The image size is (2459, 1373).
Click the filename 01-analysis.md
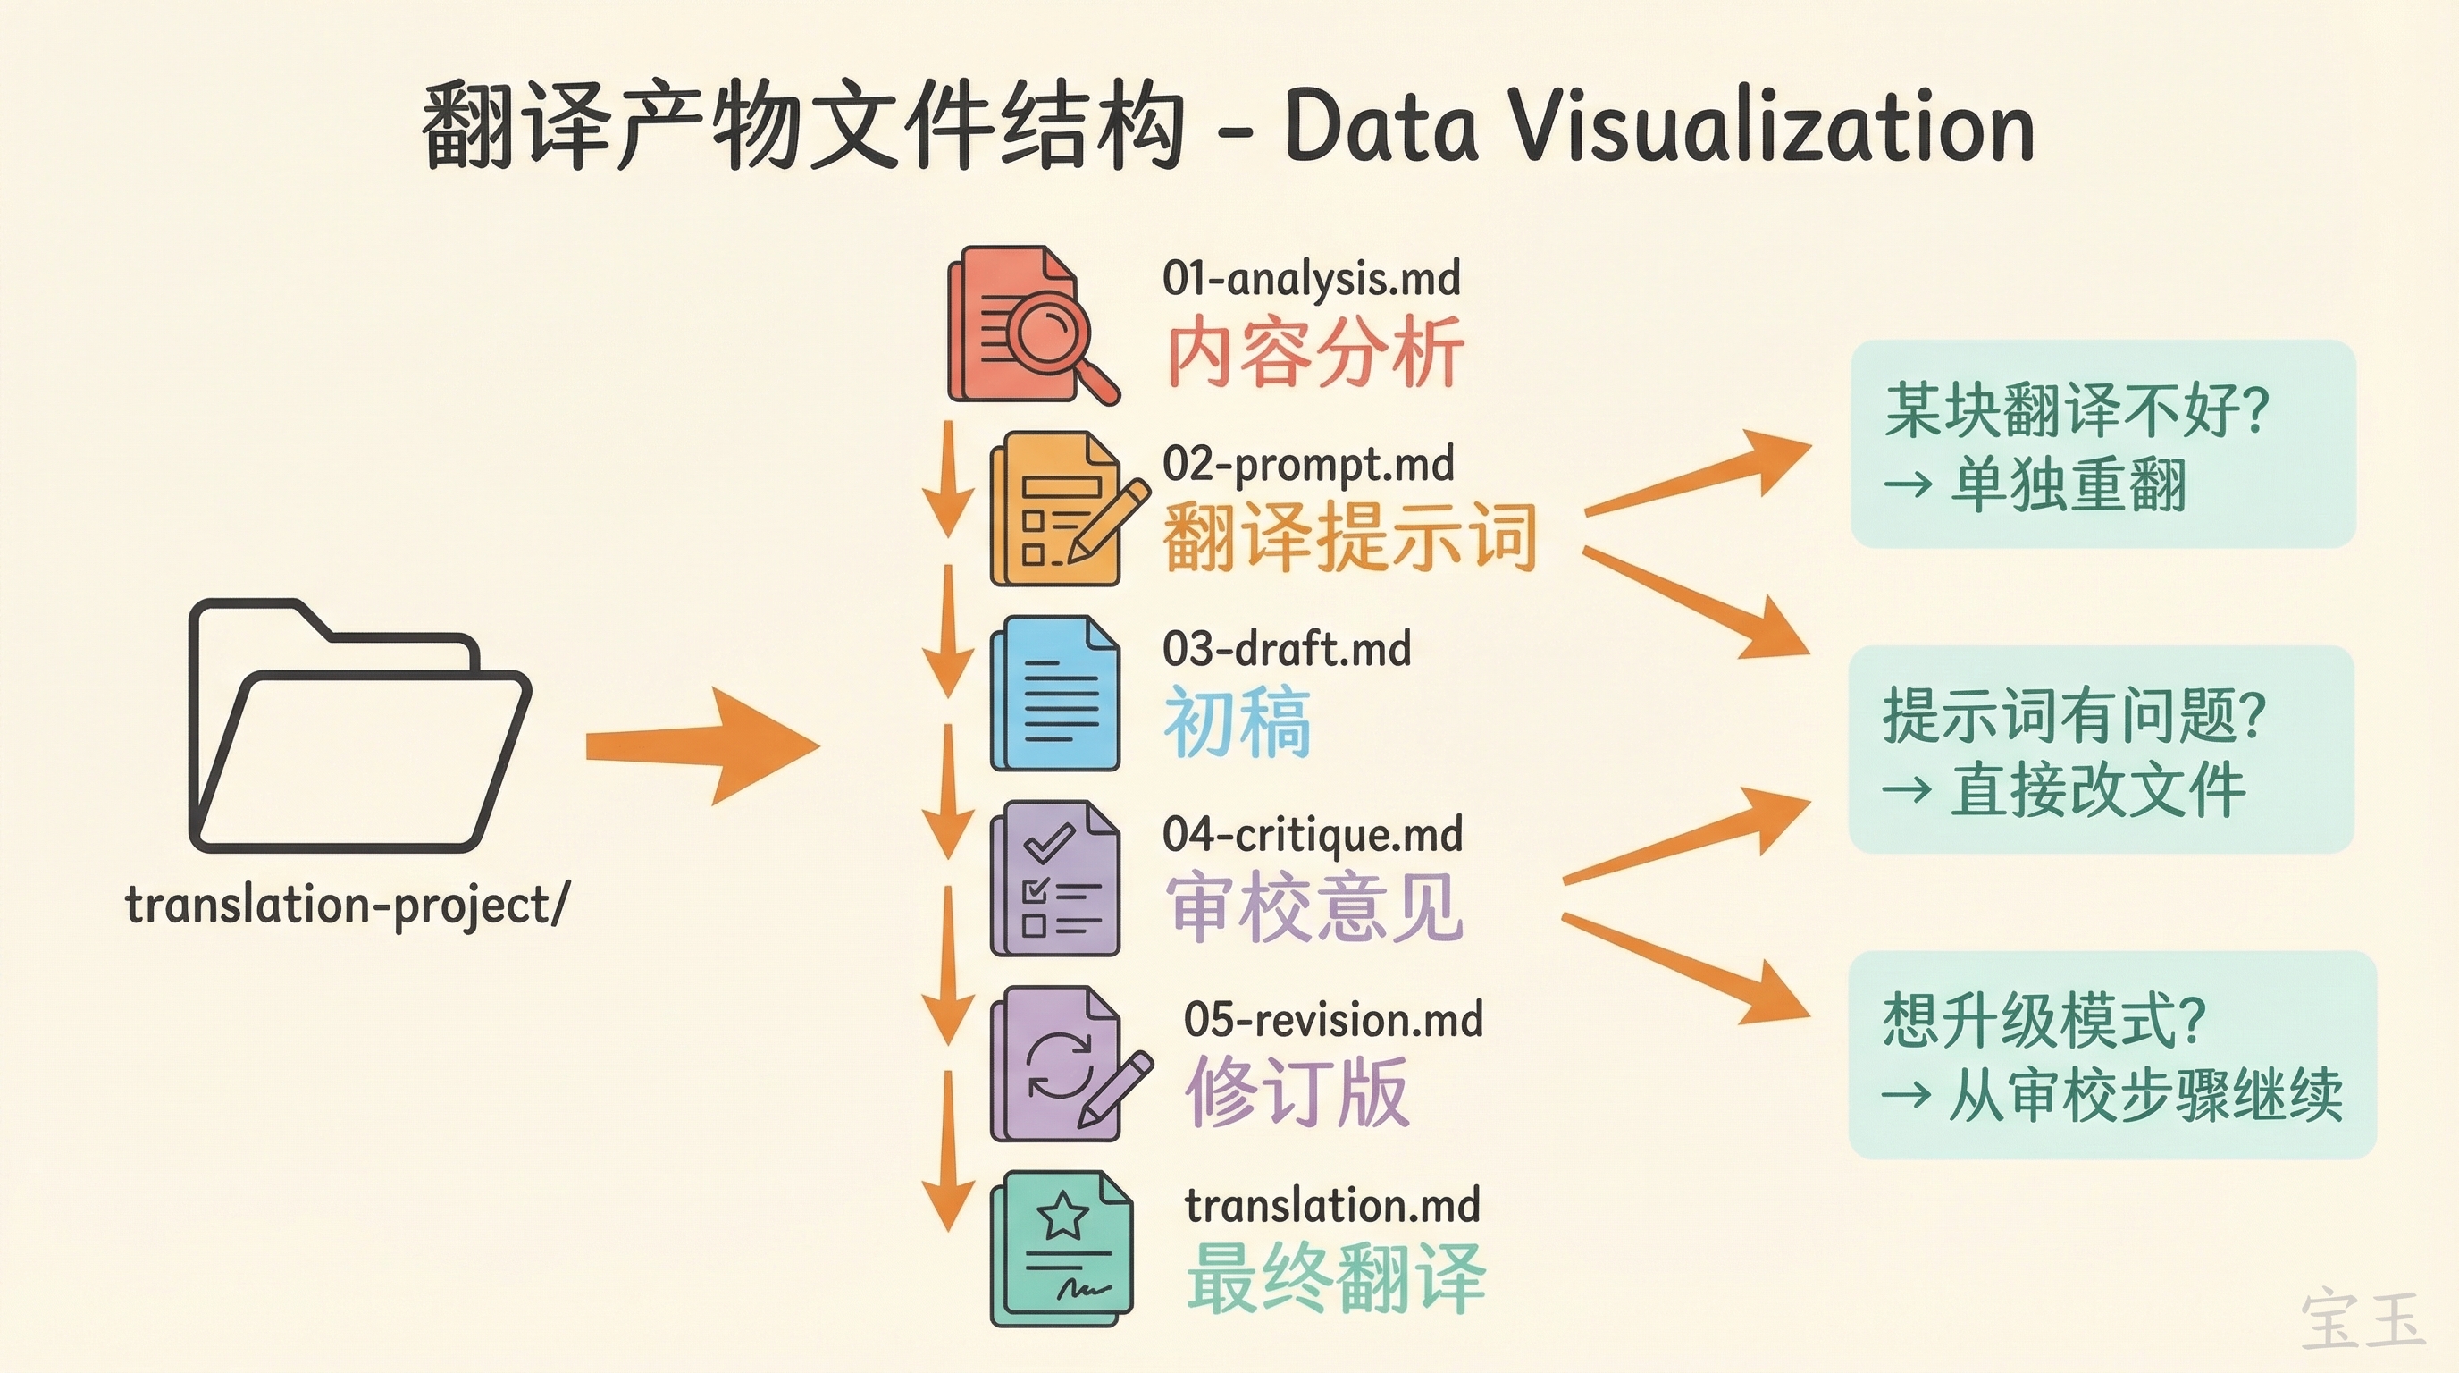(x=1311, y=279)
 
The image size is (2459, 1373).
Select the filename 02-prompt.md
(x=1308, y=465)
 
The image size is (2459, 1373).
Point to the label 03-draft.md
(x=1286, y=650)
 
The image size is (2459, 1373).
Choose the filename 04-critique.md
(x=1313, y=836)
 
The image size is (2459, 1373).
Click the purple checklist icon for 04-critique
(x=1054, y=879)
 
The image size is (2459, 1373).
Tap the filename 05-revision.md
(x=1332, y=1021)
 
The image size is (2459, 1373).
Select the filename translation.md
(x=1331, y=1206)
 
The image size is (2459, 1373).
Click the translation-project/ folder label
(x=347, y=906)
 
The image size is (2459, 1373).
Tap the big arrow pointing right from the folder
(x=701, y=746)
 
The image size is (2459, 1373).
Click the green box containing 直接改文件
(x=2101, y=749)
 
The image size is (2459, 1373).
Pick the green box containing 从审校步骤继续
(x=2111, y=1055)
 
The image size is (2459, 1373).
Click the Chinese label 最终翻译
(x=1336, y=1277)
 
